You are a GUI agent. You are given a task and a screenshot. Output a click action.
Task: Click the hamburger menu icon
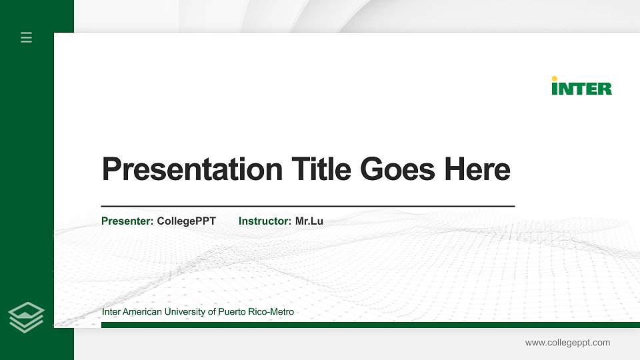click(x=27, y=37)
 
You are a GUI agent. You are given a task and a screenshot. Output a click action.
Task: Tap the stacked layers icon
click(x=27, y=317)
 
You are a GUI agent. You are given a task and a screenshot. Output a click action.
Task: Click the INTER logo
click(x=582, y=87)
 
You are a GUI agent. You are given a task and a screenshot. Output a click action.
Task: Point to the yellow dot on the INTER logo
click(x=555, y=79)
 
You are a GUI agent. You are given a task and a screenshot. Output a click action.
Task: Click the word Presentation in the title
click(x=192, y=169)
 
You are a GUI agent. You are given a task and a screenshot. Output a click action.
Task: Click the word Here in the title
click(x=477, y=169)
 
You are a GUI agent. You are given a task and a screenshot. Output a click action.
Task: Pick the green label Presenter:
click(x=127, y=221)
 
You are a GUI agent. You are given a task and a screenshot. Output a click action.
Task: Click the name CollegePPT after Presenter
click(x=187, y=221)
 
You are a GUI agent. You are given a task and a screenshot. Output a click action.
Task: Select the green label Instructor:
click(x=265, y=221)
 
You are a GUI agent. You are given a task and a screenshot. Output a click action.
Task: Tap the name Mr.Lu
click(x=309, y=221)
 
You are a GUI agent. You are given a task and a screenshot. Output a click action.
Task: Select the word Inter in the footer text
click(x=111, y=312)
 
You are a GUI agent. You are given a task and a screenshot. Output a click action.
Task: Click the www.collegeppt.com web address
click(x=567, y=343)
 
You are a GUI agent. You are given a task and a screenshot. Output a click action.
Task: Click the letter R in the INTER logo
click(x=605, y=89)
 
